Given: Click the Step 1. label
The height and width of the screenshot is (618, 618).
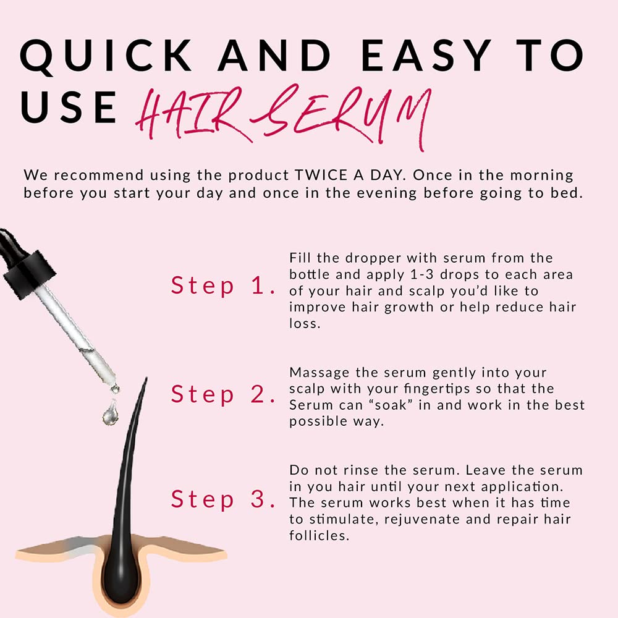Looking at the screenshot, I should (222, 286).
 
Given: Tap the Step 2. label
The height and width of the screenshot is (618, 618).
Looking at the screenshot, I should (222, 394).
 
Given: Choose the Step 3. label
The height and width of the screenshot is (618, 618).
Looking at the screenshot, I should (222, 499).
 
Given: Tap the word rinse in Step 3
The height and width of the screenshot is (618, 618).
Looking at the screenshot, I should (359, 471).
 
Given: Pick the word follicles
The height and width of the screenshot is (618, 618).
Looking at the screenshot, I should (319, 535).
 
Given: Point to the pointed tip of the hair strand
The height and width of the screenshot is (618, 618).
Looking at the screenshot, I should (145, 380).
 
